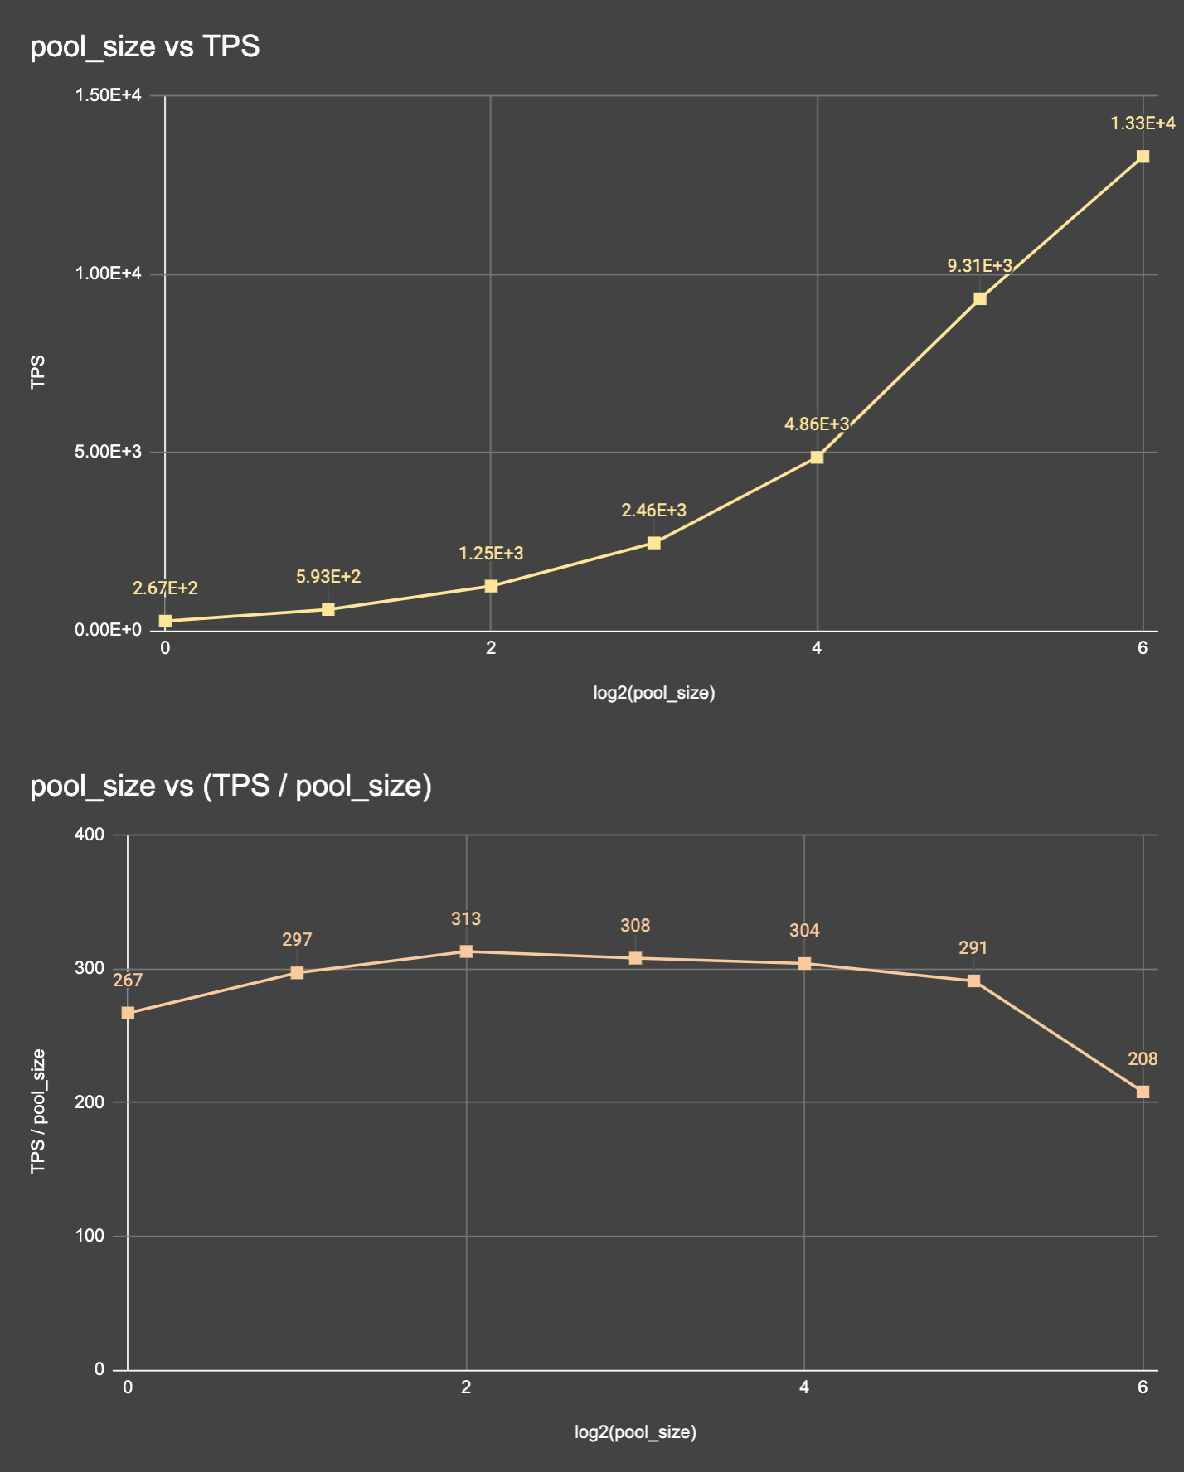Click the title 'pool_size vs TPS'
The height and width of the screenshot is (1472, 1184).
[x=145, y=46]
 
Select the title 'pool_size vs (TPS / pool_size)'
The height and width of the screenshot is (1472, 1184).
[x=230, y=786]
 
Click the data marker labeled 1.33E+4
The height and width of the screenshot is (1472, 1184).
[x=1143, y=157]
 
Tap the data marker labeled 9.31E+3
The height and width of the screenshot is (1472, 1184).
[x=980, y=298]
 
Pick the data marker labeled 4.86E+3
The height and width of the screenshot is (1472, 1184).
[x=817, y=457]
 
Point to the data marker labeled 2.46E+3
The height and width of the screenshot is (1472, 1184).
[x=654, y=543]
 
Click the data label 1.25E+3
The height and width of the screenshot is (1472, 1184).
[x=491, y=554]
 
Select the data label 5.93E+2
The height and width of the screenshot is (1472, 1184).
[x=328, y=577]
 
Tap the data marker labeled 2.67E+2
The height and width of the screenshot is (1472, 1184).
[x=165, y=621]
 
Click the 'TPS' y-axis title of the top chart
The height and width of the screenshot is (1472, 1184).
[x=38, y=372]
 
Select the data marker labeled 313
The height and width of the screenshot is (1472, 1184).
[x=466, y=951]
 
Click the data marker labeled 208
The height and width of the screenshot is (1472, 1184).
[x=1143, y=1092]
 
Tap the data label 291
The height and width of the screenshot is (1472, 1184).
[x=973, y=947]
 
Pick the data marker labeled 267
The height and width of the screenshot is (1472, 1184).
[x=128, y=1013]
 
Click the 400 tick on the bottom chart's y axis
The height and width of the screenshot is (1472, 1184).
[x=90, y=835]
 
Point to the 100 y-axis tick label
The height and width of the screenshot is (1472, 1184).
[x=90, y=1236]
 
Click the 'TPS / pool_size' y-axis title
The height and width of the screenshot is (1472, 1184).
[x=38, y=1111]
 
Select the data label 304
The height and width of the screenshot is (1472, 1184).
[x=804, y=931]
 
